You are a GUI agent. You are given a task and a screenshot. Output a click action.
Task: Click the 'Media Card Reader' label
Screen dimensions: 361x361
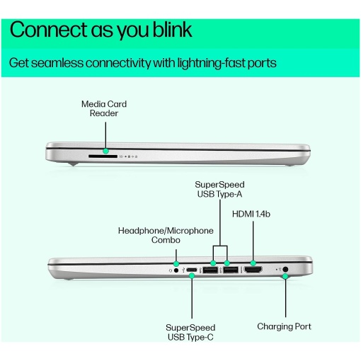coord(104,108)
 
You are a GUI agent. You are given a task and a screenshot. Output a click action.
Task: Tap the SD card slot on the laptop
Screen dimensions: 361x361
coord(103,156)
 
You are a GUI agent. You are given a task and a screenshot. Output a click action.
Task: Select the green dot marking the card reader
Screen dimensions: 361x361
coord(105,151)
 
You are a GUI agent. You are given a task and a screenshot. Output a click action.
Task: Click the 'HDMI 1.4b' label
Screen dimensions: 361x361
coord(251,214)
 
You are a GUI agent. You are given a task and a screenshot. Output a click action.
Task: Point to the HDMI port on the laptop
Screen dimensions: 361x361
coord(253,270)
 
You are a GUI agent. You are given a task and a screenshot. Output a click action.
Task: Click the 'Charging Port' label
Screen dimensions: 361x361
coord(284,326)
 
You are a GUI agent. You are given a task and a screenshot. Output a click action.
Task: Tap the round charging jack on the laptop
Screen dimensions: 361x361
coord(285,269)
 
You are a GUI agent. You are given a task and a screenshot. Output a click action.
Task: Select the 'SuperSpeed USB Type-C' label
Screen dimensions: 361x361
coord(190,332)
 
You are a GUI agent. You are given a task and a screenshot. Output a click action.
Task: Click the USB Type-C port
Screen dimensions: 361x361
coord(192,270)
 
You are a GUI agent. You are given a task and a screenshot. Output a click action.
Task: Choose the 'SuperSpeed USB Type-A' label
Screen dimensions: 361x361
coord(219,189)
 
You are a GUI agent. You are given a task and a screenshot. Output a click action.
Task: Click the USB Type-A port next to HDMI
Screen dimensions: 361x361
coord(231,270)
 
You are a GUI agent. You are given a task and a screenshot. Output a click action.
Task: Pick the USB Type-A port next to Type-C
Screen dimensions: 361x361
coord(210,270)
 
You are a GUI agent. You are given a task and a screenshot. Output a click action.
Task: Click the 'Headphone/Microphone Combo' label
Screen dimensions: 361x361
coord(166,235)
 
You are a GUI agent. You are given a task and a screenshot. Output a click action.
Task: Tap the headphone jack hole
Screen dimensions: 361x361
coord(176,270)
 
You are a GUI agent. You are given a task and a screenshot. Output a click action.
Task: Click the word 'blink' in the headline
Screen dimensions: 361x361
coord(172,30)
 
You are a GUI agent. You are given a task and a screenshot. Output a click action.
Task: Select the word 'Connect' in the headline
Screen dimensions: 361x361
coord(49,30)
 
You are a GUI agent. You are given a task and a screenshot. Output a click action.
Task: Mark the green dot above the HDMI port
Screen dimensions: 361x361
coord(253,263)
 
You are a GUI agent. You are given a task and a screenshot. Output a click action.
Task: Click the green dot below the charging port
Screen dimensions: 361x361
coord(285,276)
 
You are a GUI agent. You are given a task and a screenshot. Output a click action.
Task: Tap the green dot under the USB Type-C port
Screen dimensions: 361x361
coord(192,275)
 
